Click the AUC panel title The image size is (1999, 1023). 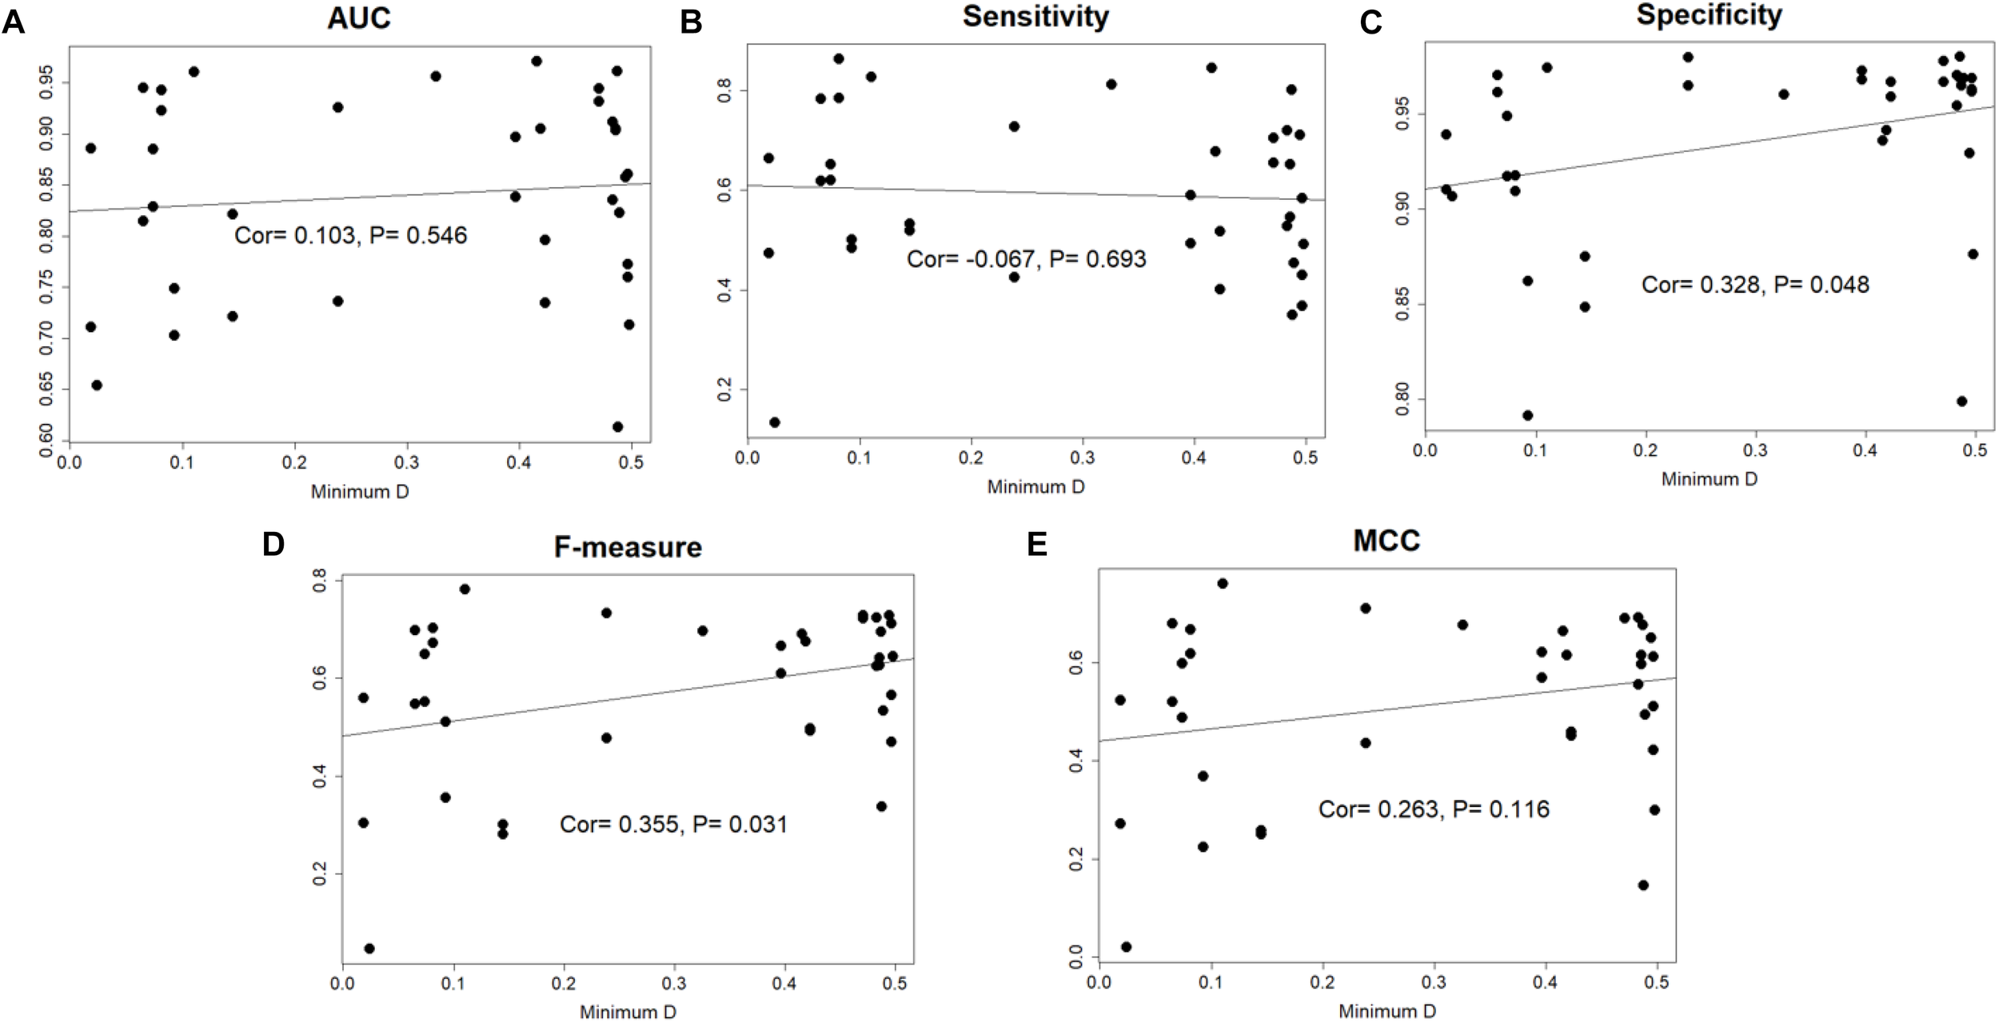359,18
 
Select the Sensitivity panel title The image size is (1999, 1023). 1035,16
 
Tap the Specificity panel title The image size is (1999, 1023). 1709,15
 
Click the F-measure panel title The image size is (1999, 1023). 628,547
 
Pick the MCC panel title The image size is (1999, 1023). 1386,541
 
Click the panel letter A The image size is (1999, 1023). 13,22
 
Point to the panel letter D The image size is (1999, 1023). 273,545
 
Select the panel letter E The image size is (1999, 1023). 1037,545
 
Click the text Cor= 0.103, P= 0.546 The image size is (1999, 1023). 350,235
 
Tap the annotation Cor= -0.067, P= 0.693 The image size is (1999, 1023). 1026,259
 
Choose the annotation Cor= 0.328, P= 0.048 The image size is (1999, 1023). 1755,285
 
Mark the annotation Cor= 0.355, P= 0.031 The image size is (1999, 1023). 673,825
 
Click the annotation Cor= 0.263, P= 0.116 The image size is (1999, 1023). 1434,809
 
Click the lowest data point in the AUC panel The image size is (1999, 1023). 617,426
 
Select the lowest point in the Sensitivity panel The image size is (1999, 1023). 774,422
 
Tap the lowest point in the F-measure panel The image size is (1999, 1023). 369,949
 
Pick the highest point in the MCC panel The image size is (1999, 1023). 1222,583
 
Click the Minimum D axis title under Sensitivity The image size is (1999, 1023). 1035,486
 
